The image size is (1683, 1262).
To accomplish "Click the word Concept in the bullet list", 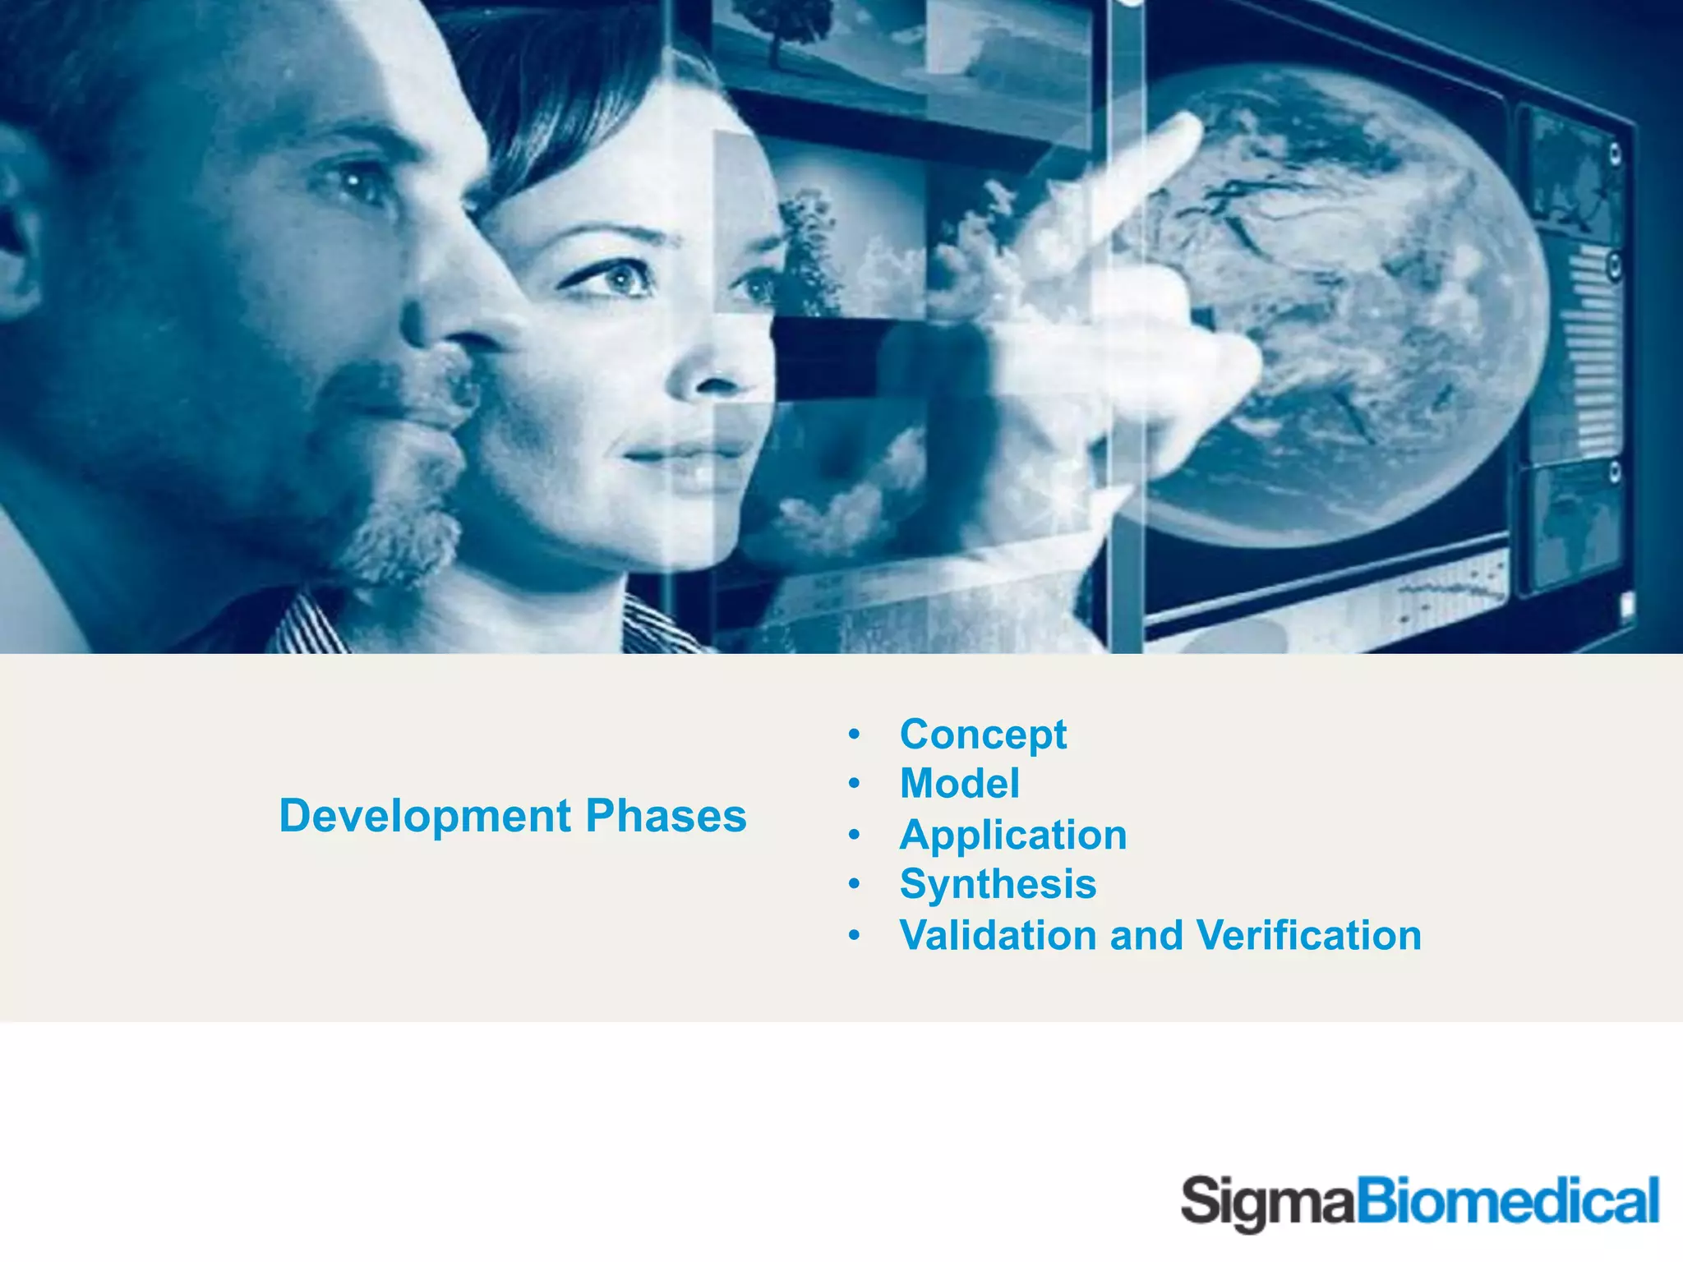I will [983, 735].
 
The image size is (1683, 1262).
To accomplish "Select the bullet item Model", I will [959, 783].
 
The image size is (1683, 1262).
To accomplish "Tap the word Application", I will [1012, 835].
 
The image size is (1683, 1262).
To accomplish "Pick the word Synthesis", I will [998, 885].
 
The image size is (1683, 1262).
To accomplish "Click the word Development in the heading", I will [425, 816].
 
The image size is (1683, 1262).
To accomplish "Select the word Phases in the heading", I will [666, 816].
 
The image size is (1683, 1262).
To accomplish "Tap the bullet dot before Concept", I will [855, 734].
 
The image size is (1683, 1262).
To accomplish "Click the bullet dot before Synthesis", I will [855, 885].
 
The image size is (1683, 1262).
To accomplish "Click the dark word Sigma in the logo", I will [1266, 1203].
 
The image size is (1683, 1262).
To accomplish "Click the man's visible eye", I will [353, 182].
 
